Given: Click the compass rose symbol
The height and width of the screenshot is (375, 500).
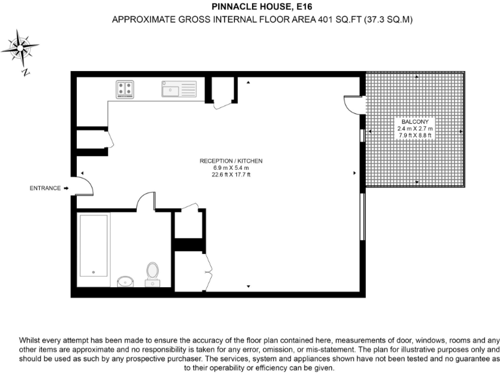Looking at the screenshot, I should [21, 48].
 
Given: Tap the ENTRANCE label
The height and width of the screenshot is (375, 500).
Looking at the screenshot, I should [46, 188].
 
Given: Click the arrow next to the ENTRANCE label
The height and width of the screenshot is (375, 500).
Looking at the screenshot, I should [66, 188].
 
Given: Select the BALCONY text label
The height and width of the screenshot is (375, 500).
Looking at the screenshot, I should [415, 122].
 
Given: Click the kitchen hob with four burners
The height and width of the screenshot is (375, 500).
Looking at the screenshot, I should [125, 89].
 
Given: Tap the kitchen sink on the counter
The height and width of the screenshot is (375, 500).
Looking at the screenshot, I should [179, 89].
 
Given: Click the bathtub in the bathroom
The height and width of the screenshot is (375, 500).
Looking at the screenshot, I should [94, 246].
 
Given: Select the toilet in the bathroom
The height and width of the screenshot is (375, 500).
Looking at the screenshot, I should [153, 272].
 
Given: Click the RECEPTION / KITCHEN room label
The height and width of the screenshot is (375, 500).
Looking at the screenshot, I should [231, 161].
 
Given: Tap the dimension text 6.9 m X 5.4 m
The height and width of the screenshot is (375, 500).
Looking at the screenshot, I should [231, 168].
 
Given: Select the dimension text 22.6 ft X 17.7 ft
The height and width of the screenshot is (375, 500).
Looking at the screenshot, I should [231, 175].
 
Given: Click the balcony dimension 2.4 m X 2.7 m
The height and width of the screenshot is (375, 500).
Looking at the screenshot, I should [415, 129].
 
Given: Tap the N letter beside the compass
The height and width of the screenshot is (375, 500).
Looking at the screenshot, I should [25, 73].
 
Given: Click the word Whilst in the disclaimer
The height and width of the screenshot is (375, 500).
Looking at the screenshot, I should [33, 340].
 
